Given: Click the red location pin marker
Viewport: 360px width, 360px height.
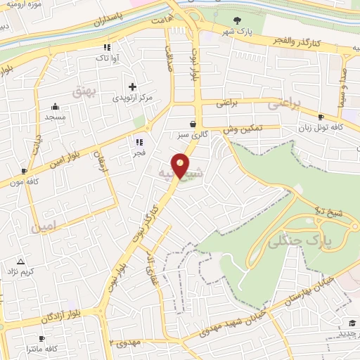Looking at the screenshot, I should pos(181,166).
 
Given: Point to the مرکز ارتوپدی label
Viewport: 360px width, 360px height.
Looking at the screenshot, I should pos(133,98).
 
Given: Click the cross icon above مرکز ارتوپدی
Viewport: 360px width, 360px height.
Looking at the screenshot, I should pos(133,86).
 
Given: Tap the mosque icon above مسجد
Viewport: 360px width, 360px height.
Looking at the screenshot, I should pos(55,107).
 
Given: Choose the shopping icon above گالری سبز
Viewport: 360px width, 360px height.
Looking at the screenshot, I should pos(192,124).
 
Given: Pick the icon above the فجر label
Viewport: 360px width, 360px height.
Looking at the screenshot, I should pos(139,141).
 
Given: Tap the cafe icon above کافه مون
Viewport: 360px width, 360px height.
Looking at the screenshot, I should pos(24,170).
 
